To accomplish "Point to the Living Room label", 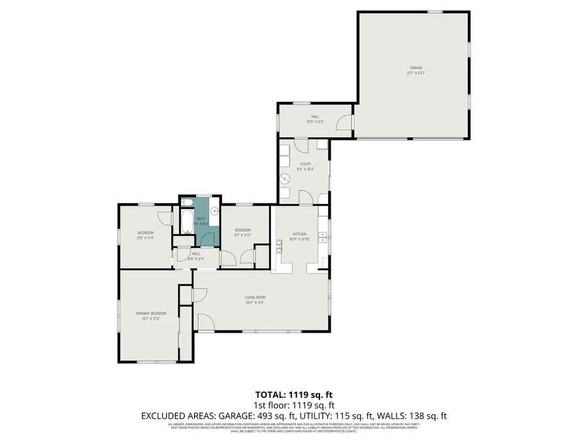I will (x=255, y=297).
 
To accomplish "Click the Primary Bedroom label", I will (x=148, y=314).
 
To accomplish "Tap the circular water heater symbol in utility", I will (x=285, y=178).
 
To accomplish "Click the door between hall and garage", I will (x=346, y=122).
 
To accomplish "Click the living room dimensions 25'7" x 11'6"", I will (x=255, y=302).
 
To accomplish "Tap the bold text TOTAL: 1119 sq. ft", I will (x=293, y=395).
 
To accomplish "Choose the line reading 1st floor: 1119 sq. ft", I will (x=293, y=405).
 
